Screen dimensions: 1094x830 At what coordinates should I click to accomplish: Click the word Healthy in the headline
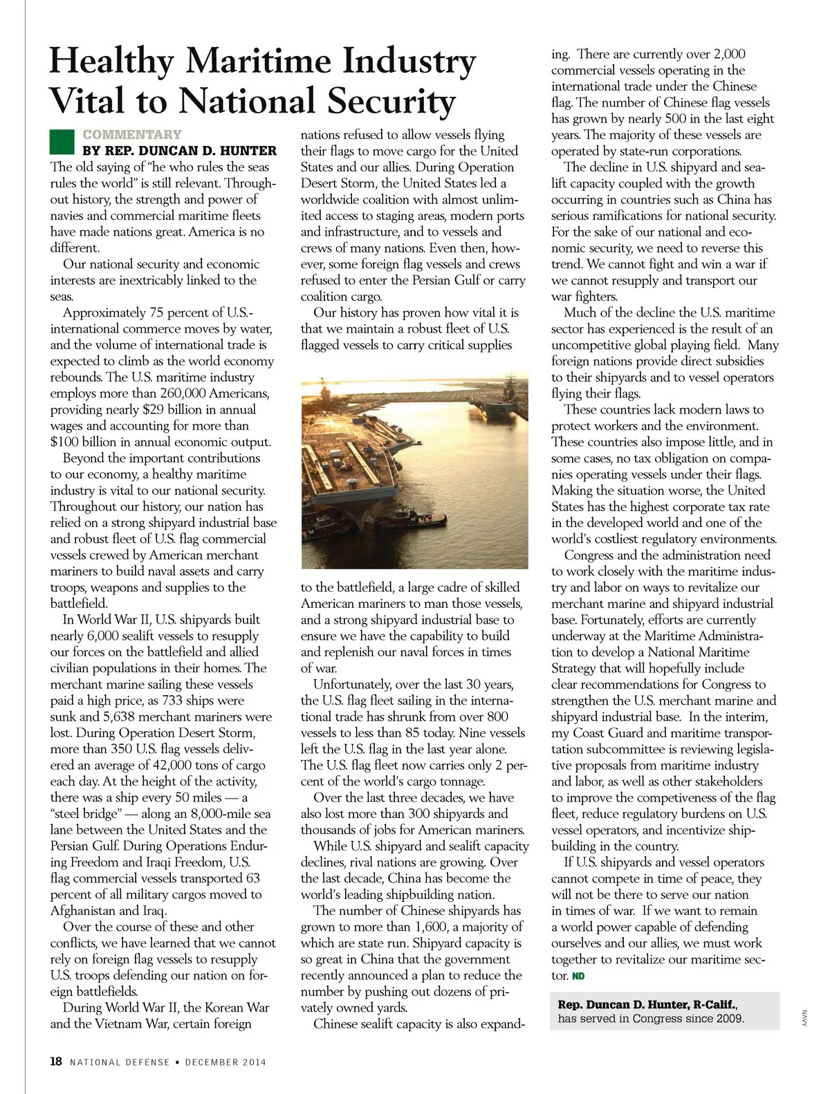pyautogui.click(x=111, y=61)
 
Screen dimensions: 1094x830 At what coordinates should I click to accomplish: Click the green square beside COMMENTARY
pyautogui.click(x=62, y=142)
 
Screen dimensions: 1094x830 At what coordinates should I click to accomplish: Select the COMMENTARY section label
pyautogui.click(x=132, y=134)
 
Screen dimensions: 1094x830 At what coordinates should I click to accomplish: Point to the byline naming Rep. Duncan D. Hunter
pyautogui.click(x=179, y=150)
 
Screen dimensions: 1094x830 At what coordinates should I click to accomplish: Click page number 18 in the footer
pyautogui.click(x=56, y=1061)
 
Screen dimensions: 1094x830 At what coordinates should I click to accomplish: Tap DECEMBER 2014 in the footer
pyautogui.click(x=225, y=1062)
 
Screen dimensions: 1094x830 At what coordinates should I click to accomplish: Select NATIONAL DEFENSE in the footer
pyautogui.click(x=120, y=1062)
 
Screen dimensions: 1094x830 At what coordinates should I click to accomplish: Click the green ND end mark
pyautogui.click(x=578, y=976)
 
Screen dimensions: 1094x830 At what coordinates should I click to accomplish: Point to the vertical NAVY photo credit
pyautogui.click(x=804, y=1018)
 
